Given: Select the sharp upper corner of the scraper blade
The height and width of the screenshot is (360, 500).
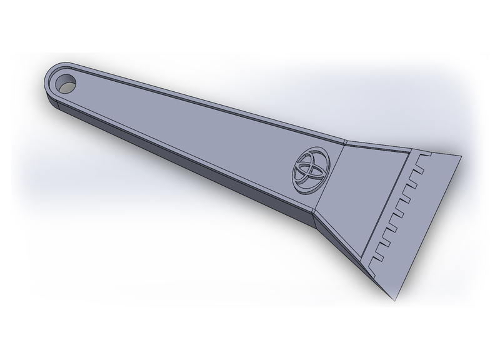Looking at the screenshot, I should coord(461,157).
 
